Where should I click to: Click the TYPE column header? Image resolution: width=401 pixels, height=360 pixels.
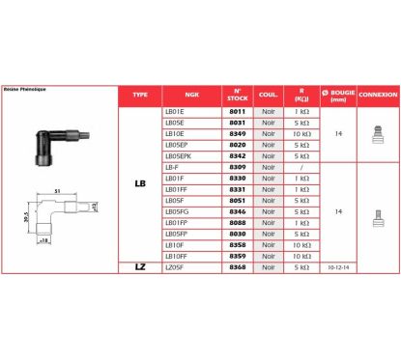pyautogui.click(x=140, y=97)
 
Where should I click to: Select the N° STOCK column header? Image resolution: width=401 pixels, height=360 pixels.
pyautogui.click(x=238, y=97)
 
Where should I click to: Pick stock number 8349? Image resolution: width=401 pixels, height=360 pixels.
pyautogui.click(x=238, y=135)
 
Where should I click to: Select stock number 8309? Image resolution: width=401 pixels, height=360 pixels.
pyautogui.click(x=238, y=167)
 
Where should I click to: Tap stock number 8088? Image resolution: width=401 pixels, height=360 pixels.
pyautogui.click(x=238, y=222)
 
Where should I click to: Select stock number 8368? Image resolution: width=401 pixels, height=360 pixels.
pyautogui.click(x=238, y=266)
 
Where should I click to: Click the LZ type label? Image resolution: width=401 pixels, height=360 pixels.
pyautogui.click(x=140, y=266)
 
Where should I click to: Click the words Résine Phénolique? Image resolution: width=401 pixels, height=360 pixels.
pyautogui.click(x=26, y=89)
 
